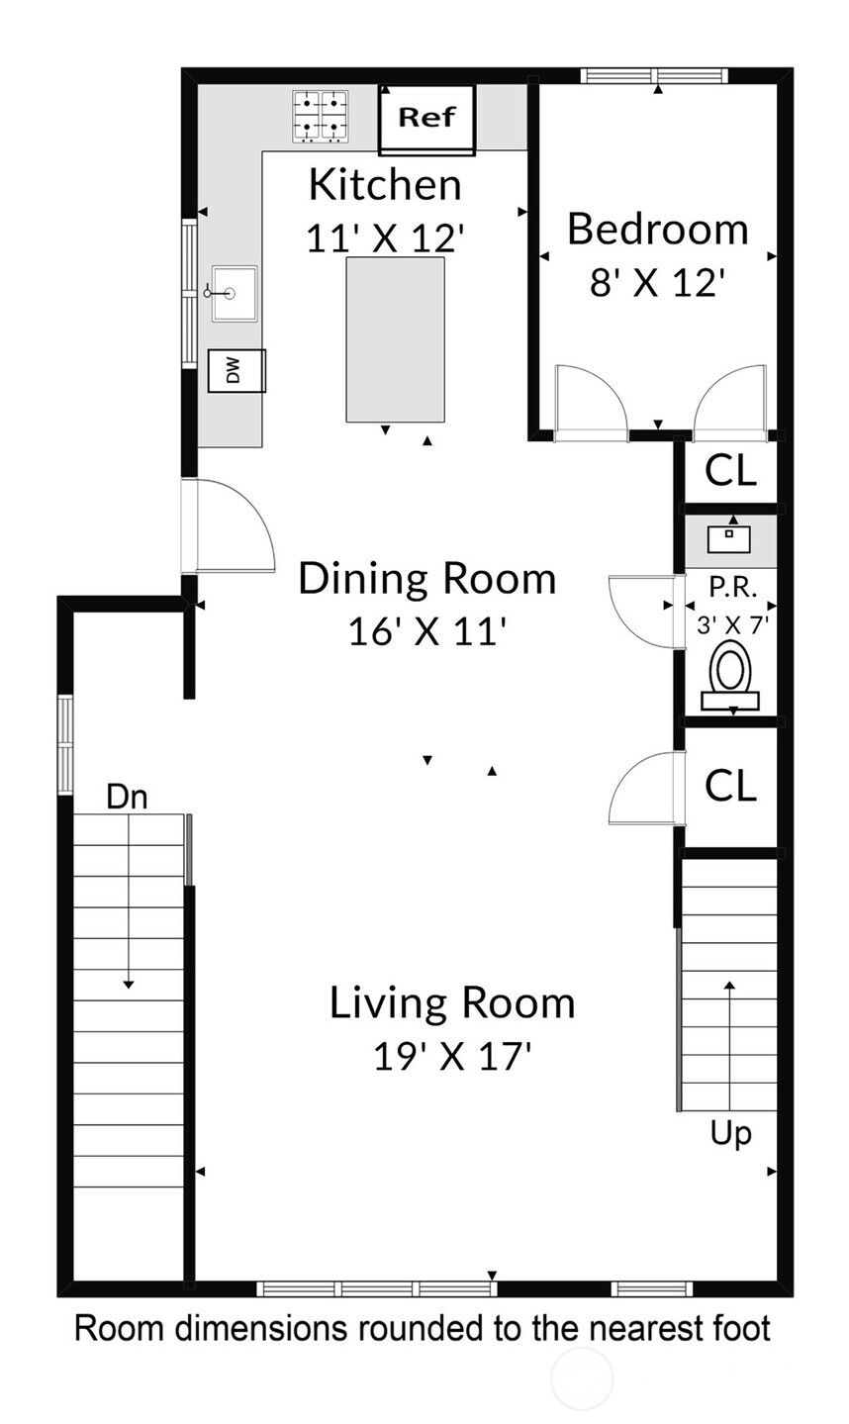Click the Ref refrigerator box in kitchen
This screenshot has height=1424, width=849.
[427, 119]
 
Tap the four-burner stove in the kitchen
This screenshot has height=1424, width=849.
[322, 115]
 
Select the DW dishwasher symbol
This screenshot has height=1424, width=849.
[236, 371]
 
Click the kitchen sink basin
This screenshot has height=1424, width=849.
[234, 293]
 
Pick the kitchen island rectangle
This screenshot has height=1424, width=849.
[395, 338]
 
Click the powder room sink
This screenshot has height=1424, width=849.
[731, 538]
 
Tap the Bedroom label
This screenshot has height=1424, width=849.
[657, 230]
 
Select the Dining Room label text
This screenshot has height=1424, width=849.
[427, 578]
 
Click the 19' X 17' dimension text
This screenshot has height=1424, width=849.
[452, 1057]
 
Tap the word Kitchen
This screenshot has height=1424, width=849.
[385, 185]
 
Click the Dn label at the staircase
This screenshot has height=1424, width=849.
[127, 797]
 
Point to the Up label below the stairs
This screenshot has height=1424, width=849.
[730, 1133]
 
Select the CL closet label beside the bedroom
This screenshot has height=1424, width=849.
[730, 472]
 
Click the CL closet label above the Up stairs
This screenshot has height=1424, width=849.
[730, 787]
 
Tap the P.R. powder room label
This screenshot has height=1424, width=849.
[732, 586]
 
